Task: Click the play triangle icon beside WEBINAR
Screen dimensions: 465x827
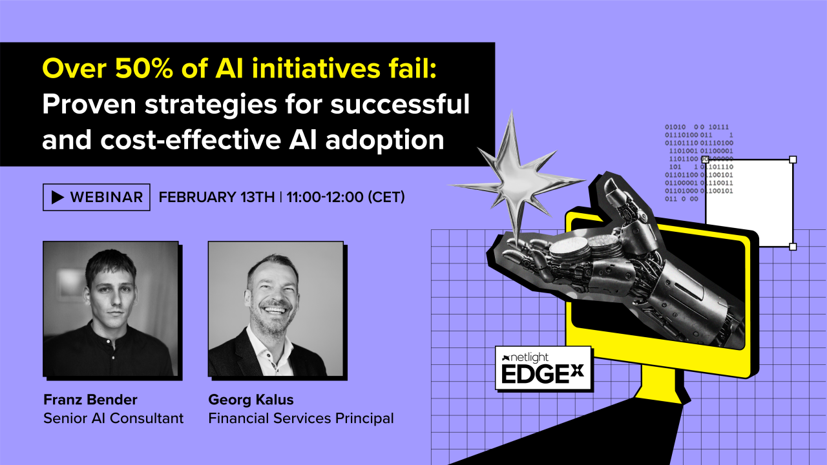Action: tap(58, 198)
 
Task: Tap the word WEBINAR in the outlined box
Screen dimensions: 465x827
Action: tap(107, 198)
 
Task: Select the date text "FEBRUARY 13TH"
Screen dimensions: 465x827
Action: tap(216, 198)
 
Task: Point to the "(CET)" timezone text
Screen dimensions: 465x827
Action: tap(386, 198)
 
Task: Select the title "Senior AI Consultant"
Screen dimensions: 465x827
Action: tap(113, 418)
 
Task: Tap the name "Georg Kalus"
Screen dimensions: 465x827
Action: tap(251, 399)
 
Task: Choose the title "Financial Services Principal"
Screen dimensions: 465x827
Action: tap(300, 418)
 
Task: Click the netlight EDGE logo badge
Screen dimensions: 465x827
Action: tap(543, 368)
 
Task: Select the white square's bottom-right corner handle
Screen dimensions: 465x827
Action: tap(793, 247)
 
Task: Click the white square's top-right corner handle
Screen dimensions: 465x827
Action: tap(793, 160)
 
